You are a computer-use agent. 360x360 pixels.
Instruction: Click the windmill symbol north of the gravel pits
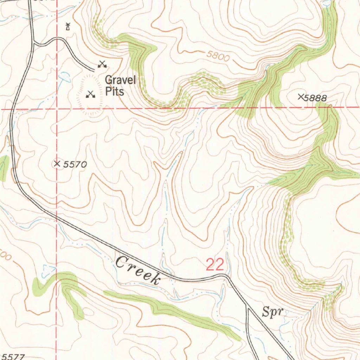pyautogui.click(x=68, y=26)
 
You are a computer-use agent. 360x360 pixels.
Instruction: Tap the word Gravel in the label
pyautogui.click(x=120, y=80)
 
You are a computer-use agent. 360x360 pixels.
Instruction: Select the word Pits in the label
pyautogui.click(x=115, y=92)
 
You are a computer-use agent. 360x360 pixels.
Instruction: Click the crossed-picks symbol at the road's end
pyautogui.click(x=102, y=64)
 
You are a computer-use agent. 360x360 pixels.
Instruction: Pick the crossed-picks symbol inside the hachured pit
pyautogui.click(x=90, y=94)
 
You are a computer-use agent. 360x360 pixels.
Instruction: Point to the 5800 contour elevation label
pyautogui.click(x=218, y=56)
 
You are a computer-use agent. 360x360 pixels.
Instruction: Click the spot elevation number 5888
pyautogui.click(x=316, y=98)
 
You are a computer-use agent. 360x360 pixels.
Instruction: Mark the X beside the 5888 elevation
pyautogui.click(x=301, y=96)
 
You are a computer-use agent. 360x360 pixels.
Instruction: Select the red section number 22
pyautogui.click(x=215, y=265)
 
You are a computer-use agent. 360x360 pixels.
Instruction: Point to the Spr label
pyautogui.click(x=273, y=311)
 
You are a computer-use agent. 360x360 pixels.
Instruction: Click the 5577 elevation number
pyautogui.click(x=12, y=356)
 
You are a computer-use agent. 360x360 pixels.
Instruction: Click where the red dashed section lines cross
pyautogui.click(x=57, y=109)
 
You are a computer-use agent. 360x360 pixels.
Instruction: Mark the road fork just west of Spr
pyautogui.click(x=247, y=307)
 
